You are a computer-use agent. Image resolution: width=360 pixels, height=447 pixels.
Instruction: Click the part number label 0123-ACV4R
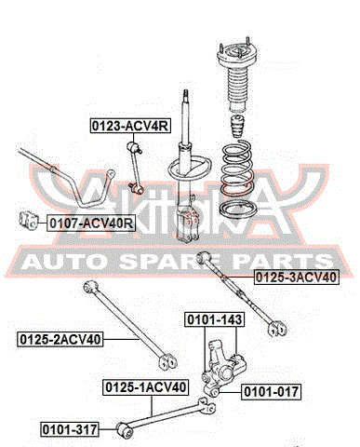click(130, 126)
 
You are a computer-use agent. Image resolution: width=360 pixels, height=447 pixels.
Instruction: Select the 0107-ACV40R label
click(91, 223)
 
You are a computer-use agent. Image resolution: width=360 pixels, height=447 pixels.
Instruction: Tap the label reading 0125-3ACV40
click(296, 278)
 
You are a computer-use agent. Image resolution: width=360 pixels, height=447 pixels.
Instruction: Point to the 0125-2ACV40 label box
click(60, 339)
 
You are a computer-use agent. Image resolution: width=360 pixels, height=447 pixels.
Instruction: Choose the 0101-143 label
click(215, 319)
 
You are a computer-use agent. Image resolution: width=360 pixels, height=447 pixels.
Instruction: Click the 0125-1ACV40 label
click(146, 387)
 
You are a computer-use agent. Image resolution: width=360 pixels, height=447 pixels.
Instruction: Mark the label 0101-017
click(271, 392)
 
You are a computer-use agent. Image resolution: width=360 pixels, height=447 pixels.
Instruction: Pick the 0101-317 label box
click(70, 429)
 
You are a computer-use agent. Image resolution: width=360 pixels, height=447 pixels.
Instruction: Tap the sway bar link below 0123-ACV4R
click(135, 167)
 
